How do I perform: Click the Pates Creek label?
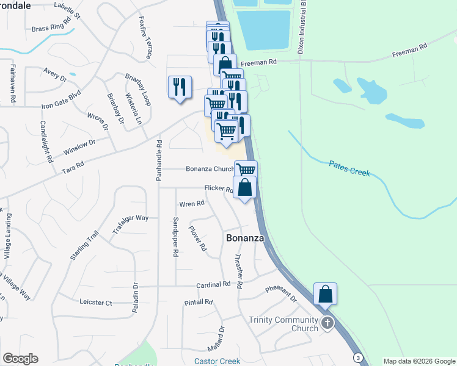click(x=350, y=168)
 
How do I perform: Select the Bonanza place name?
click(x=245, y=238)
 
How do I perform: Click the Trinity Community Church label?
click(x=283, y=324)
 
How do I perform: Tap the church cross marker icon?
click(x=327, y=323)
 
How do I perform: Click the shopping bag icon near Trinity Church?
click(x=325, y=294)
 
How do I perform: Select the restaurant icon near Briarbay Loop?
click(x=180, y=87)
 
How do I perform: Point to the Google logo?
click(x=20, y=359)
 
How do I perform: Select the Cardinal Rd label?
click(x=213, y=284)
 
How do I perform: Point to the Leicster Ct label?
click(x=96, y=302)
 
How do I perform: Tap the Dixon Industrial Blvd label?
click(x=301, y=27)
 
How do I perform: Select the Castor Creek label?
click(x=217, y=361)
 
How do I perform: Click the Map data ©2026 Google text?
click(x=419, y=361)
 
